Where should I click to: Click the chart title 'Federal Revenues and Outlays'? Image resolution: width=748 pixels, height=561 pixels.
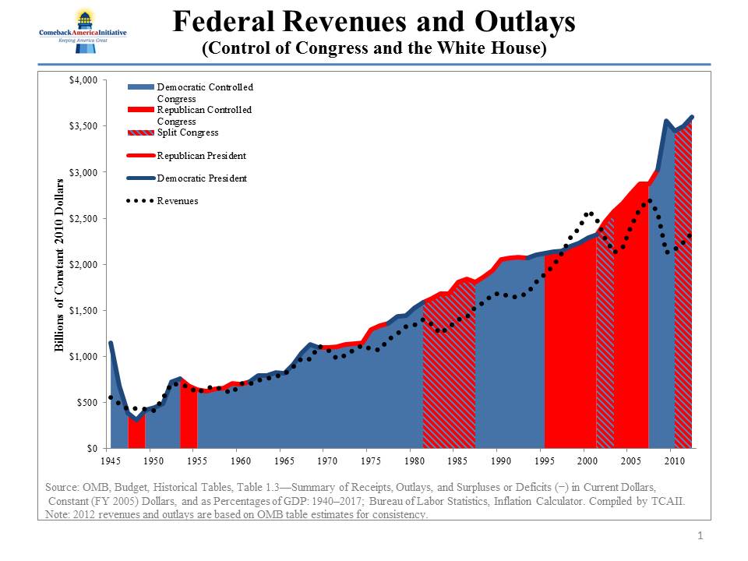pos(373,22)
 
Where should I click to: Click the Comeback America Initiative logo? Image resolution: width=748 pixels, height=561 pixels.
pos(83,31)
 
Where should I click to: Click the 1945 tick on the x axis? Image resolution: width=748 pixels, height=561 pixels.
pos(110,460)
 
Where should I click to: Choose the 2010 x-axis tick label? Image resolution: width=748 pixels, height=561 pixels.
pos(675,460)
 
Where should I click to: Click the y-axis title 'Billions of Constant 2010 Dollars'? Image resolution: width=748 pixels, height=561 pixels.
pos(58,265)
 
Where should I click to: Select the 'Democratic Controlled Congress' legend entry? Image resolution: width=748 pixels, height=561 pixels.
pos(204,93)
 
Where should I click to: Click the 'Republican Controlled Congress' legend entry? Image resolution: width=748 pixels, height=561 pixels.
pos(204,115)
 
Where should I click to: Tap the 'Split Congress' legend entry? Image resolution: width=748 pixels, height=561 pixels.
pos(187,132)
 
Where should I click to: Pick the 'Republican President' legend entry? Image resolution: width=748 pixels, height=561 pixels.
pos(201,156)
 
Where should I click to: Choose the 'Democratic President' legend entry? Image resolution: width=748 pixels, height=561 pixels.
pos(201,178)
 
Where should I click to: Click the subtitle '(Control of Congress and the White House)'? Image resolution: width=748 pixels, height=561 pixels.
pos(373,48)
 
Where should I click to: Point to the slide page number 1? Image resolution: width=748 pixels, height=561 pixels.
pos(700,535)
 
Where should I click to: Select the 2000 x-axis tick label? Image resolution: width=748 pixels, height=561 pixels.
pos(587,460)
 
